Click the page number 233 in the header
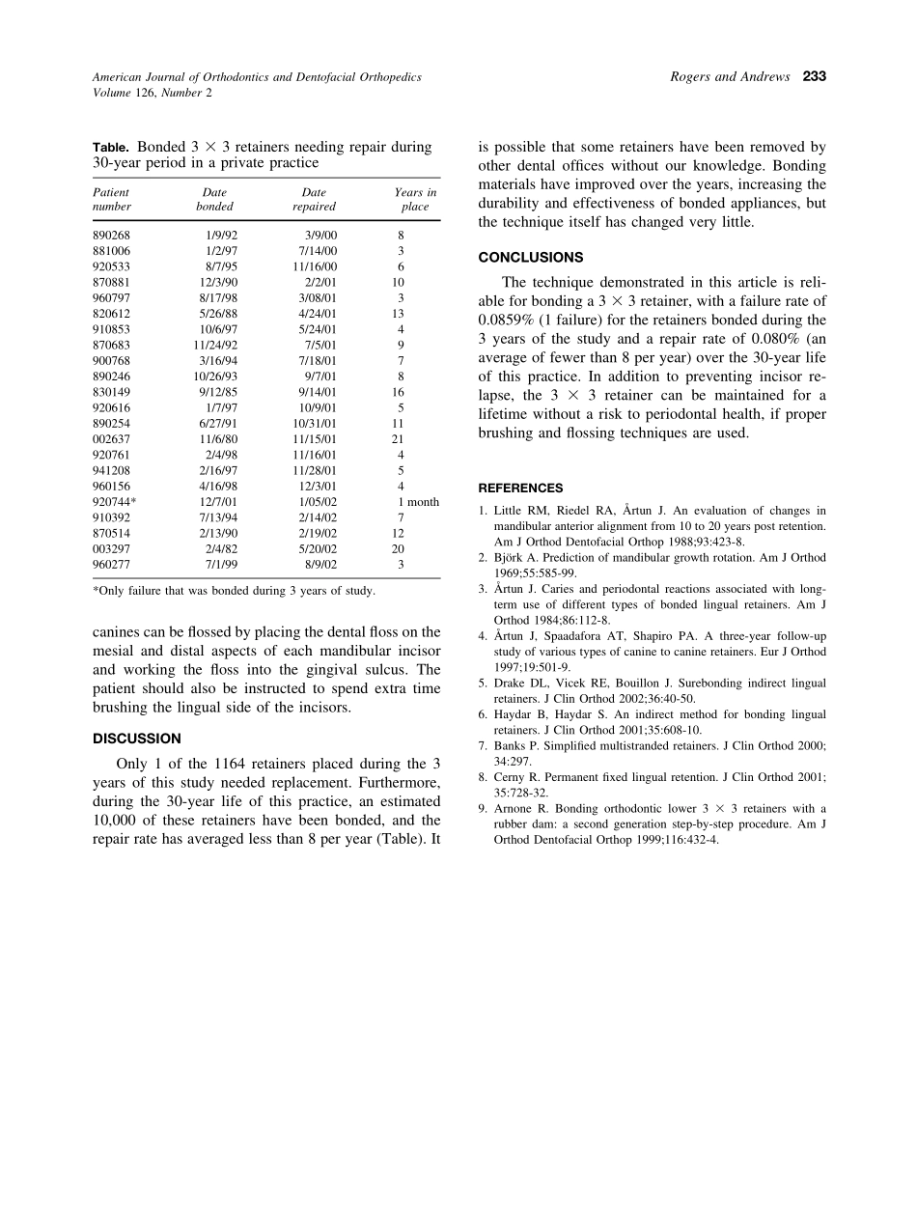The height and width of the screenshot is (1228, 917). (x=814, y=76)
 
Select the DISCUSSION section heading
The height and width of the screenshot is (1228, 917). (x=136, y=739)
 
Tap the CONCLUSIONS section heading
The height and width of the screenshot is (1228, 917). (x=531, y=258)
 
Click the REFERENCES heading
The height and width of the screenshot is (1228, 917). (x=521, y=488)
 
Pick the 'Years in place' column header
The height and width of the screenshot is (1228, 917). (x=415, y=199)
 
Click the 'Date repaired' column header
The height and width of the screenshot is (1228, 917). (x=314, y=199)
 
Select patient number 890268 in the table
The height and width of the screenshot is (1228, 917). (x=112, y=235)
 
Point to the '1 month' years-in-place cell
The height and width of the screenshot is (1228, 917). (x=418, y=502)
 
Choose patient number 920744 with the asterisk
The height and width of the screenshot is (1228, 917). (x=114, y=502)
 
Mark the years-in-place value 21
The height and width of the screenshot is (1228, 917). (x=398, y=439)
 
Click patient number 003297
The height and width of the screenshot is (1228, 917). (x=112, y=549)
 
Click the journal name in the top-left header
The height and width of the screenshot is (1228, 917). (x=256, y=76)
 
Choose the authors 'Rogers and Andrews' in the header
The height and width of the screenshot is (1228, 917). (x=729, y=76)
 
